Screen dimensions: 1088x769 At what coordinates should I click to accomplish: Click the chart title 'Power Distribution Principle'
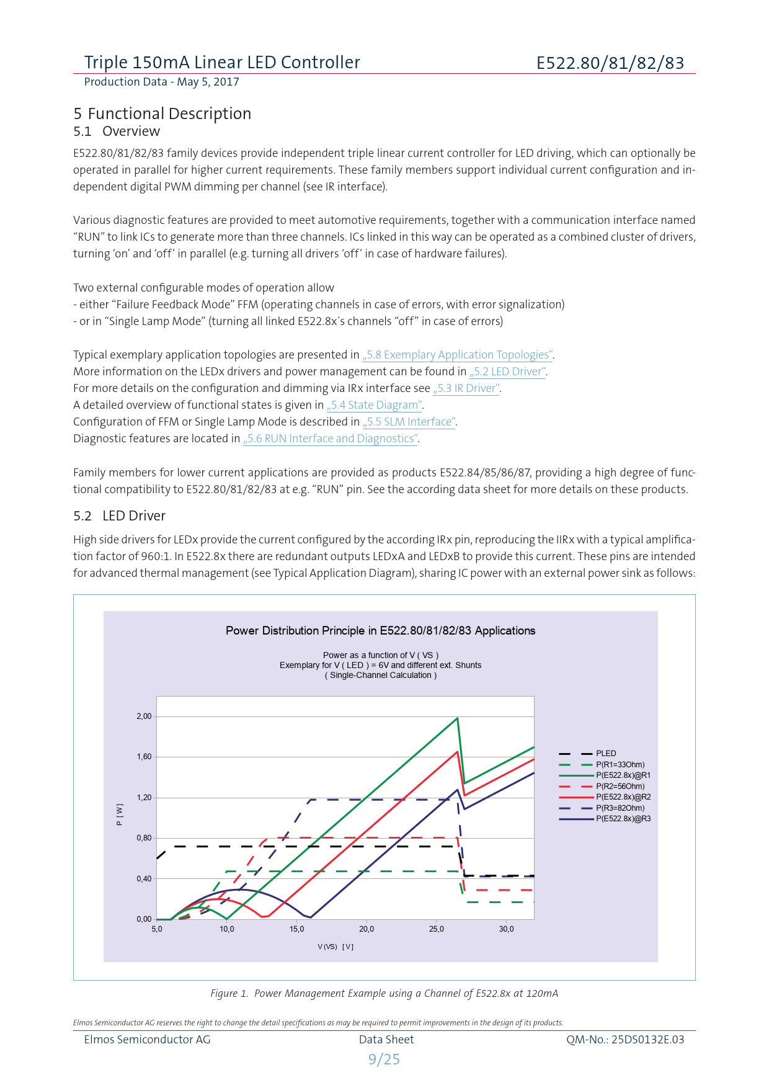380,631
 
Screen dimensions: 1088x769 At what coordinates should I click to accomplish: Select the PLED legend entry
606,754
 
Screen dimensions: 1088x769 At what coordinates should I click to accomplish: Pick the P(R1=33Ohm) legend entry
620,765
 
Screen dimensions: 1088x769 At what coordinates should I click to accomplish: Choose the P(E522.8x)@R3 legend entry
623,819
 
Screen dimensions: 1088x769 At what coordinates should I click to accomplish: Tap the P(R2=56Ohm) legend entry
620,787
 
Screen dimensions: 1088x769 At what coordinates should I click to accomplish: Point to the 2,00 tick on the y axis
144,716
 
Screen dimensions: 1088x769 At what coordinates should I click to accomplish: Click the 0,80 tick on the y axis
144,838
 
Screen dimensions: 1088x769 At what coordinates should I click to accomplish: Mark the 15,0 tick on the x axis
296,929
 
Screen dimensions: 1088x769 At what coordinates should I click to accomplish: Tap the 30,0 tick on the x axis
506,929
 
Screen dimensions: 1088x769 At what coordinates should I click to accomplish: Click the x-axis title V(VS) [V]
336,947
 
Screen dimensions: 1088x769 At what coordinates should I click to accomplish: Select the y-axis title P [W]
120,814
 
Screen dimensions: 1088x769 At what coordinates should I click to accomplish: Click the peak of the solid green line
457,718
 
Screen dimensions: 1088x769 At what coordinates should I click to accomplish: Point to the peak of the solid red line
457,752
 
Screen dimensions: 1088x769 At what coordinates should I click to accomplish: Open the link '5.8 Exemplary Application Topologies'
458,355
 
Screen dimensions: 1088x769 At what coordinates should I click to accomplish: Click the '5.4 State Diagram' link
375,405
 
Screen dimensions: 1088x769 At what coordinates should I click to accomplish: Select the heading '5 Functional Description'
162,114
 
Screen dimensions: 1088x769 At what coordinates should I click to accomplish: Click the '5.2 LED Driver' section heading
119,516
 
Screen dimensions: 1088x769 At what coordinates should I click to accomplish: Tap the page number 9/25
384,1059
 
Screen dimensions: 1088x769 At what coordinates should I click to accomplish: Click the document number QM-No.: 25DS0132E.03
625,1040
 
